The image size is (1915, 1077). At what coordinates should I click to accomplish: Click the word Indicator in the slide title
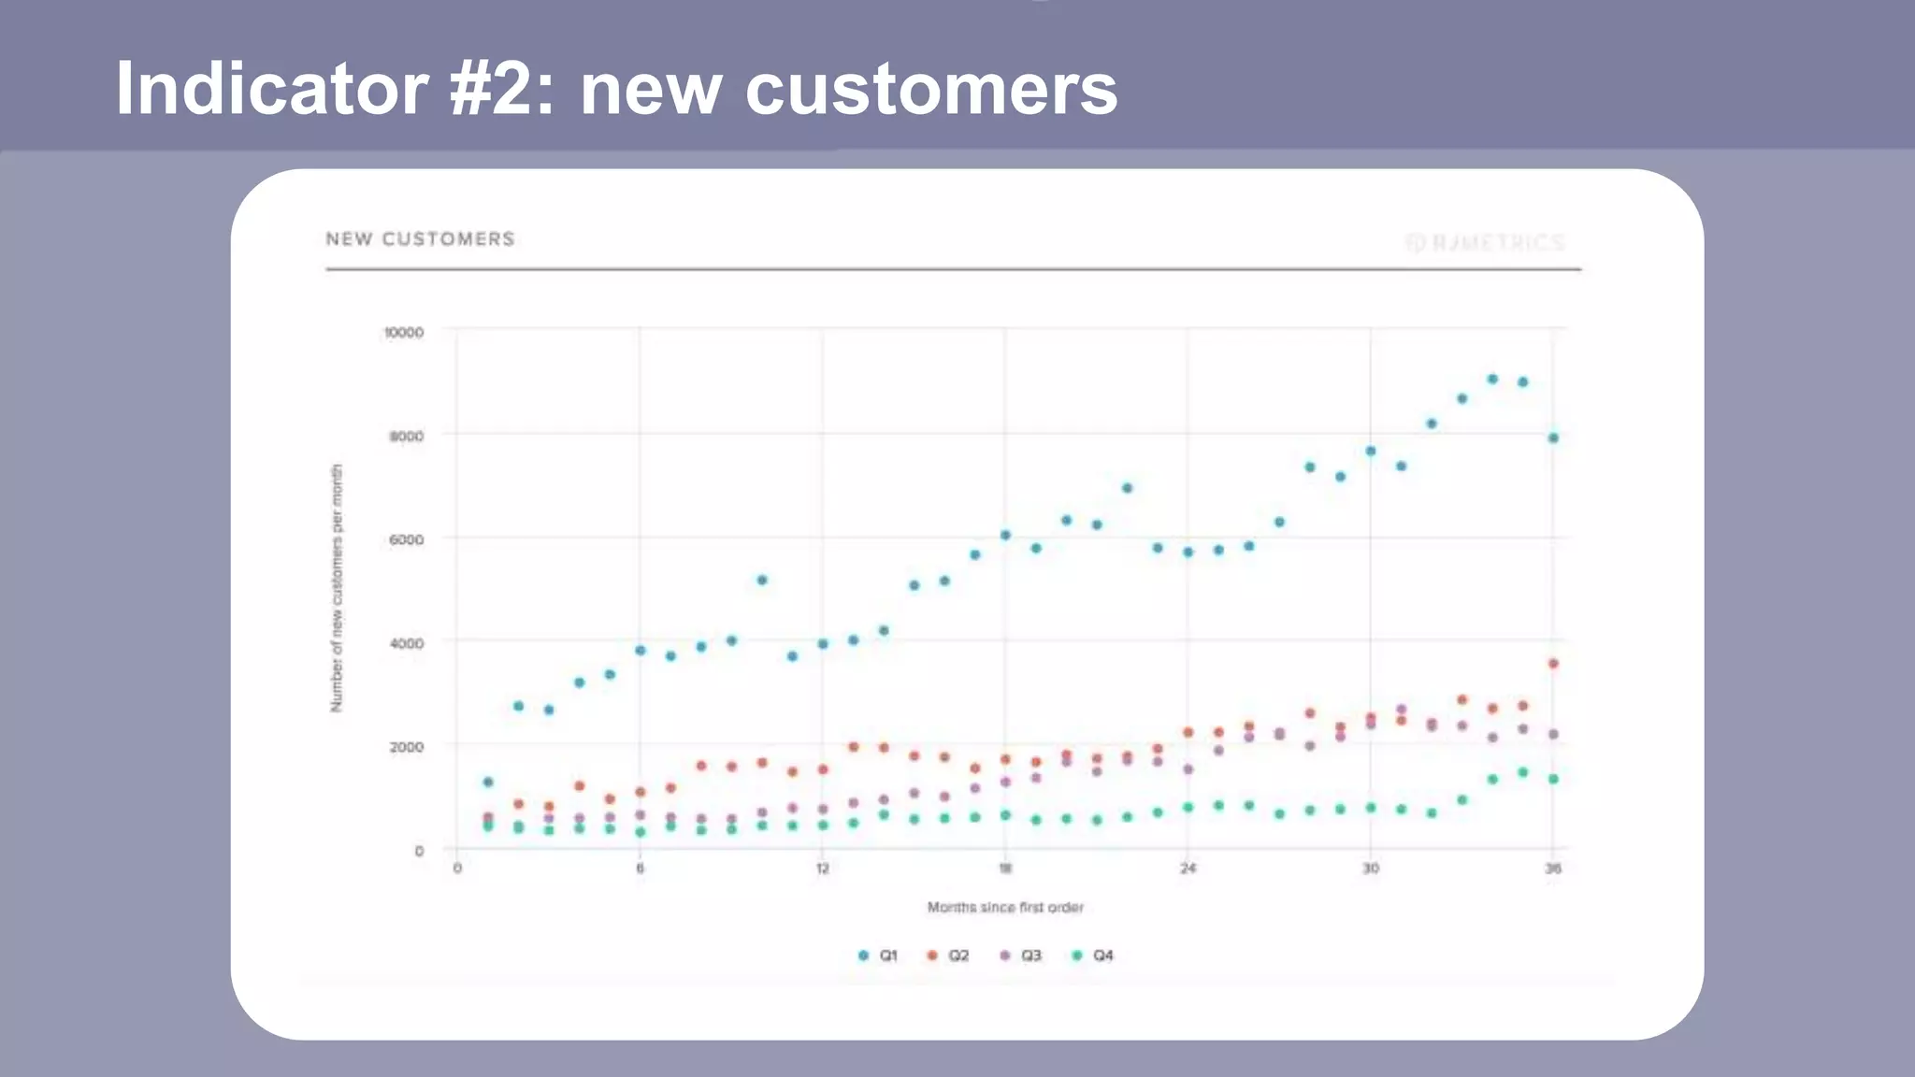pyautogui.click(x=271, y=89)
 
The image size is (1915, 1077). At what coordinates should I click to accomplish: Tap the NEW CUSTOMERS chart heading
pyautogui.click(x=420, y=239)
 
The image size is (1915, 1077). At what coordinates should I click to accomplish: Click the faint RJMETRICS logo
pyautogui.click(x=1486, y=243)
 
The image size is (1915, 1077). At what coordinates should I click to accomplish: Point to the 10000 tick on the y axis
pyautogui.click(x=404, y=333)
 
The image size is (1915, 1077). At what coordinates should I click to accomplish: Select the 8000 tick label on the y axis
pyautogui.click(x=407, y=436)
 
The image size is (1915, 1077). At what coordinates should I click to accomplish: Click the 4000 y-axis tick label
pyautogui.click(x=407, y=643)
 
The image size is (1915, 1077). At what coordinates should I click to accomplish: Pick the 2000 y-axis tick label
pyautogui.click(x=407, y=747)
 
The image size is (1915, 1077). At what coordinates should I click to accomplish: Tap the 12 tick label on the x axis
pyautogui.click(x=822, y=869)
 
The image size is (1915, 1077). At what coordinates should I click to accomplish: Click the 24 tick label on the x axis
pyautogui.click(x=1188, y=869)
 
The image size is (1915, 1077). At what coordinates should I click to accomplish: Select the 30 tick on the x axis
pyautogui.click(x=1370, y=869)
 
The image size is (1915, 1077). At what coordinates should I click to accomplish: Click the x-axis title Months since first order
pyautogui.click(x=1005, y=907)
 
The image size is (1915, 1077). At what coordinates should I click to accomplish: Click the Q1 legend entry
pyautogui.click(x=878, y=955)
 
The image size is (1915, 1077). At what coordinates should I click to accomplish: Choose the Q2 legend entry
pyautogui.click(x=948, y=955)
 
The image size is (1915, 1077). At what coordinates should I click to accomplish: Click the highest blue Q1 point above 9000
pyautogui.click(x=1492, y=380)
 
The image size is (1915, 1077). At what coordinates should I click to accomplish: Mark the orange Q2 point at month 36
pyautogui.click(x=1553, y=664)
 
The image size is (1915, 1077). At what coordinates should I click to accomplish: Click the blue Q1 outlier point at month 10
pyautogui.click(x=762, y=581)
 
